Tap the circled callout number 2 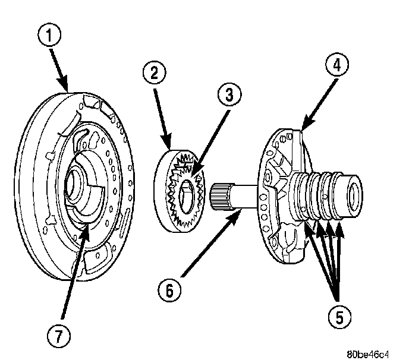(153, 74)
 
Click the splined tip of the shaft (219, 195)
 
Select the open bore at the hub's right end (358, 194)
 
